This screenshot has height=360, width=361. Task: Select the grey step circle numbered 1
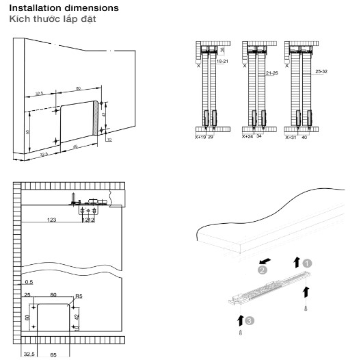(308, 261)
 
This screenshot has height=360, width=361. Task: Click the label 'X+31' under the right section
(293, 136)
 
